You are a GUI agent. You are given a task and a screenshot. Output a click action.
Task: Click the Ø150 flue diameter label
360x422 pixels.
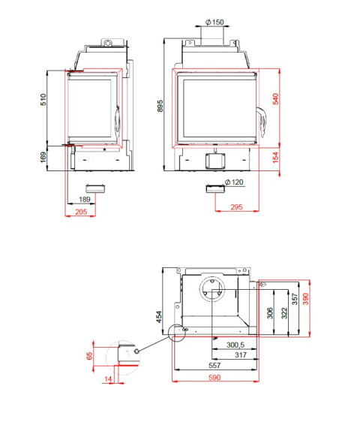pyautogui.click(x=214, y=22)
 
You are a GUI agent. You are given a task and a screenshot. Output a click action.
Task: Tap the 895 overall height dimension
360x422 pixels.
pyautogui.click(x=160, y=106)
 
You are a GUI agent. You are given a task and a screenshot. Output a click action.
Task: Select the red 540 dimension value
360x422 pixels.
pyautogui.click(x=275, y=99)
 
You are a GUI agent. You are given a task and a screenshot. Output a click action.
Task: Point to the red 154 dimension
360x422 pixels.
pyautogui.click(x=275, y=158)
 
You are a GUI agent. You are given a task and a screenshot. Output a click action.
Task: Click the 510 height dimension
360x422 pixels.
pyautogui.click(x=43, y=100)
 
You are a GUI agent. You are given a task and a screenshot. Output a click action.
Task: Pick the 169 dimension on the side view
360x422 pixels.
pyautogui.click(x=43, y=157)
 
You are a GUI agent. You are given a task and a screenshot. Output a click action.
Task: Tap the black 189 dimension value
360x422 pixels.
pyautogui.click(x=85, y=200)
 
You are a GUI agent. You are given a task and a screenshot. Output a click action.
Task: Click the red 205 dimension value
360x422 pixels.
pyautogui.click(x=81, y=212)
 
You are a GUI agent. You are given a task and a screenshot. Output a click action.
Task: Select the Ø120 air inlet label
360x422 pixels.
pyautogui.click(x=234, y=182)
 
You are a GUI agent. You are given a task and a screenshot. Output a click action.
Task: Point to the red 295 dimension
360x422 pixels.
pyautogui.click(x=236, y=207)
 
